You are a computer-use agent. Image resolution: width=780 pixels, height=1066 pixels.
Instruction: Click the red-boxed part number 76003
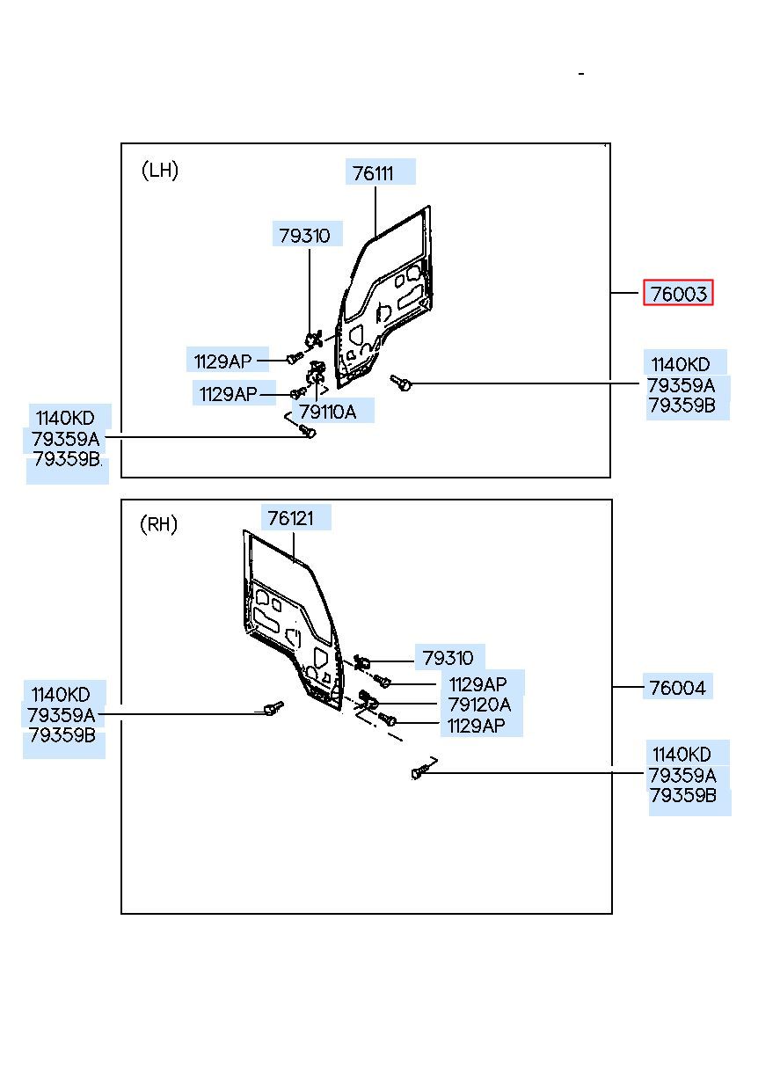point(678,293)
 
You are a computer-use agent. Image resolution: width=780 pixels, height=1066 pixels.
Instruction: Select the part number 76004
point(677,687)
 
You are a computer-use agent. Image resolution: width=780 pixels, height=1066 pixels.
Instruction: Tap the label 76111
point(373,172)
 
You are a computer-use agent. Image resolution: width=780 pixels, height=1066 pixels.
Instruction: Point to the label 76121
point(290,518)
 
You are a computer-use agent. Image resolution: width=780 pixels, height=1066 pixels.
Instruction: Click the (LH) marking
point(160,170)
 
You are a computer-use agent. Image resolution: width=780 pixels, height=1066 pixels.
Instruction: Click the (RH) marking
point(158,524)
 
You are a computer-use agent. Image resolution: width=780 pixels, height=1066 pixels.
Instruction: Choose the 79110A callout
point(327,411)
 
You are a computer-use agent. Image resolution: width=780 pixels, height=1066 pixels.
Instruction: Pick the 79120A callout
point(479,705)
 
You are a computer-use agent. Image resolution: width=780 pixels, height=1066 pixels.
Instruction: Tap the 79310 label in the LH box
point(304,235)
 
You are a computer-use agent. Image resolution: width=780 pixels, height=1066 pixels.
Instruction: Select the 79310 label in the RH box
point(448,658)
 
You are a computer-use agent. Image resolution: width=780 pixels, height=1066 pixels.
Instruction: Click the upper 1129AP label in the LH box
point(222,361)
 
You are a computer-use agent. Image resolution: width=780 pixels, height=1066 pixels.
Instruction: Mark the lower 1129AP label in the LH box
point(228,394)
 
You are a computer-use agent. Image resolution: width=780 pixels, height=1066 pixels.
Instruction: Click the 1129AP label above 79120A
point(477,684)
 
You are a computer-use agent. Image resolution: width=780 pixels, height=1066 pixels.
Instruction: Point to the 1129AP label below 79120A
point(476,726)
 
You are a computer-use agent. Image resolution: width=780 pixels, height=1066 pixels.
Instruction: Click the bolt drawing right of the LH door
point(401,382)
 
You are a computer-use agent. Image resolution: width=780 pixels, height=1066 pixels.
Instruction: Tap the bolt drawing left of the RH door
point(273,708)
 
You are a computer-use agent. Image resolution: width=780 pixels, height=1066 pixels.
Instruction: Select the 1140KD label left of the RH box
point(61,694)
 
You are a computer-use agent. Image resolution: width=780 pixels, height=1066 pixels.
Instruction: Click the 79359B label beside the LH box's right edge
point(682,405)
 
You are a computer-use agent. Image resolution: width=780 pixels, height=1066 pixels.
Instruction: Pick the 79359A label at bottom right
point(682,775)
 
